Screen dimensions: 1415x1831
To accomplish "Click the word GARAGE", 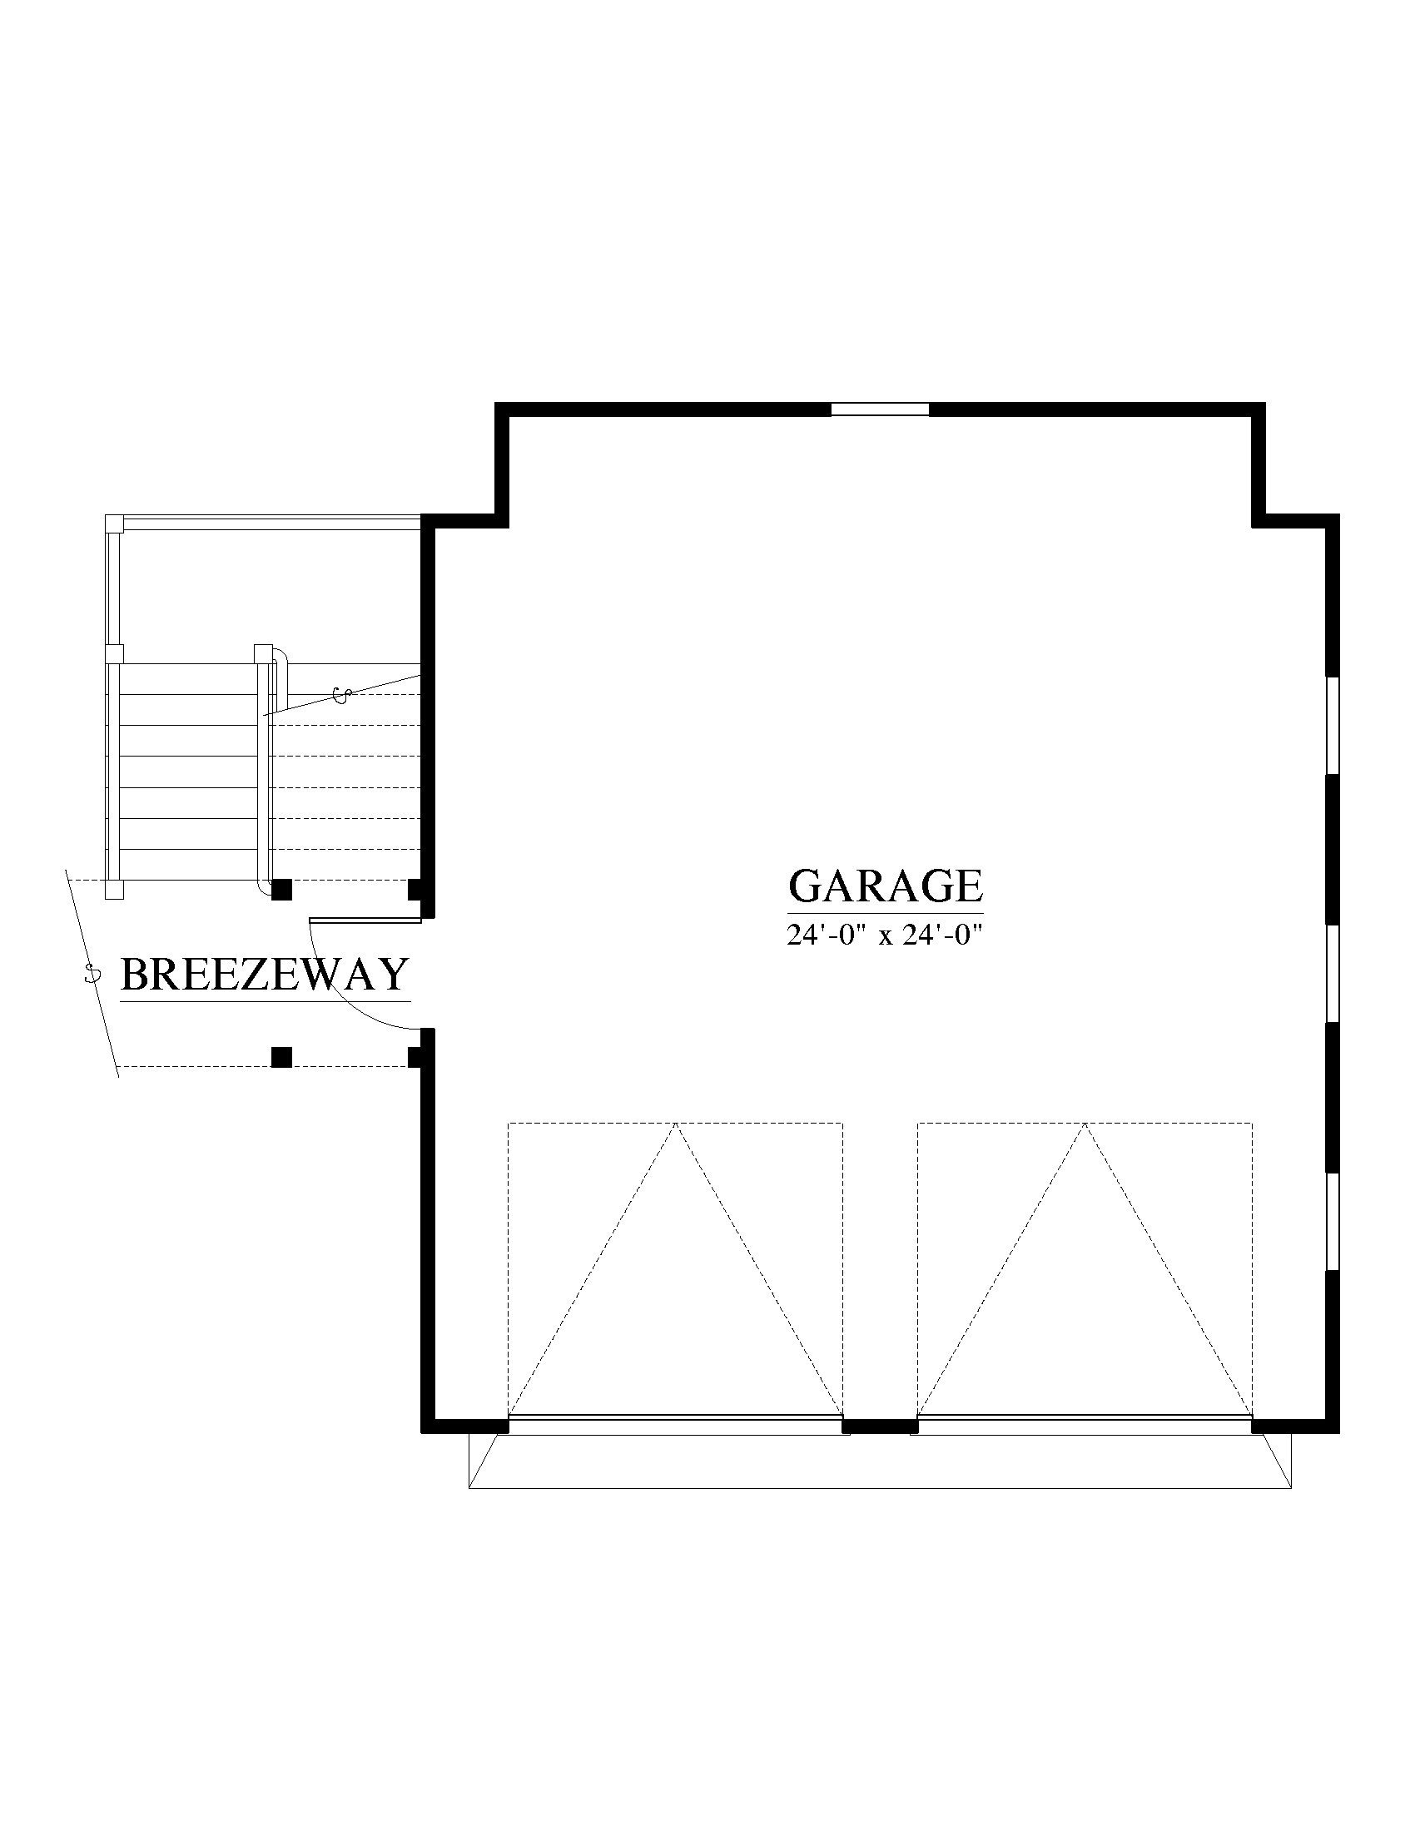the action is coord(886,886).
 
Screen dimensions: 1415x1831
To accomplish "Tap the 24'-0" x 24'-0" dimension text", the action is coord(883,935).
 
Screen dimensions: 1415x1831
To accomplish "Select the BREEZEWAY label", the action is coord(265,975).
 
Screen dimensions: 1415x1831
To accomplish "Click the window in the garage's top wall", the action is coord(879,409).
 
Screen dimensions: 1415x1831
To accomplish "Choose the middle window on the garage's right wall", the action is coord(1332,975).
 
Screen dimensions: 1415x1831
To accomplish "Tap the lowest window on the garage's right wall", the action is coord(1332,1222).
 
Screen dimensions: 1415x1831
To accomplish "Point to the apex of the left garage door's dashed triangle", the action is coord(675,1123).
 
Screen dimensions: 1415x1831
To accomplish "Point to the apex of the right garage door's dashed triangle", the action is coord(1085,1123).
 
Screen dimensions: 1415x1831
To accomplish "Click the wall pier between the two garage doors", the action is coord(880,1425).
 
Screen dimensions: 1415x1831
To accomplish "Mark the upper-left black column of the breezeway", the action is coord(281,890).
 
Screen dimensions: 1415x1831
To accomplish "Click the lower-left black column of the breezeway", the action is coord(281,1057).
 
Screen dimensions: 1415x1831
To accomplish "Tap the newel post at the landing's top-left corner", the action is coord(114,523).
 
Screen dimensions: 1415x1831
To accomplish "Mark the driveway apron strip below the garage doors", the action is coord(879,1461).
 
